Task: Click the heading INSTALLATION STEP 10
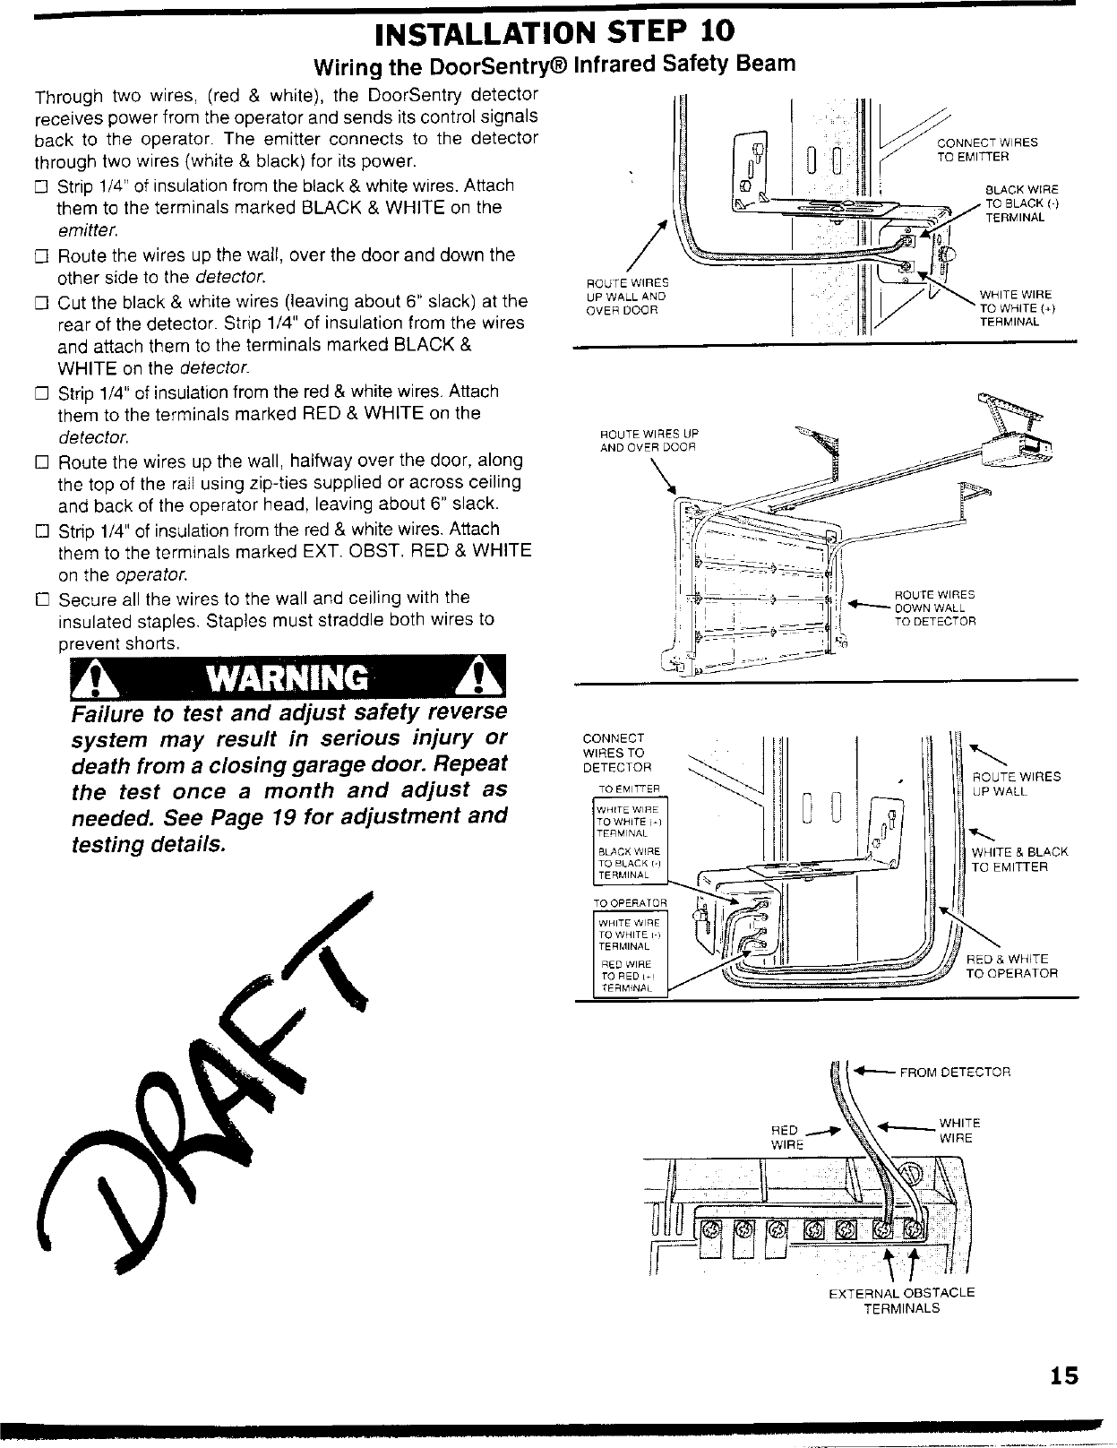tap(554, 31)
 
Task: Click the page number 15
tap(1065, 1375)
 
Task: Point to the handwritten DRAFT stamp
tap(206, 1084)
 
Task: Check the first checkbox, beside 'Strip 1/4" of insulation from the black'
tap(39, 187)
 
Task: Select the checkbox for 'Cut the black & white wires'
tap(39, 302)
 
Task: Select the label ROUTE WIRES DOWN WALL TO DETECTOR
tap(935, 608)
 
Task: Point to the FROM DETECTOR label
tap(955, 1072)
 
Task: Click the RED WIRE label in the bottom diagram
tap(785, 1137)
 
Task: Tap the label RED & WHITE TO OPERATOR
tap(1010, 965)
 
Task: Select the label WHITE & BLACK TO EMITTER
tap(1019, 859)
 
